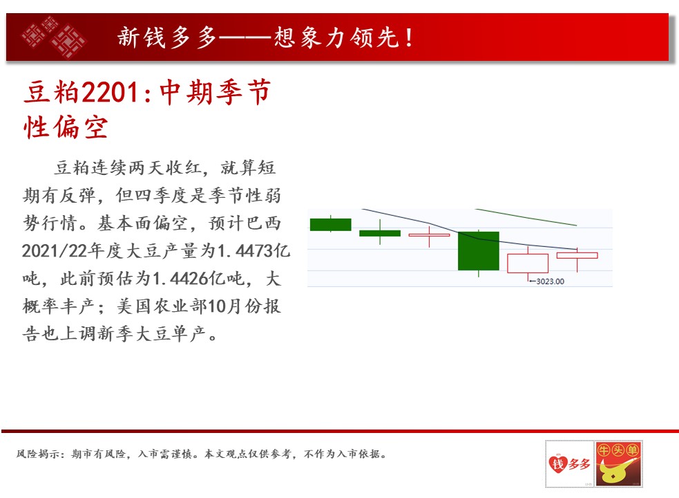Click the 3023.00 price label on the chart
point(550,281)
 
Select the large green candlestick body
point(479,251)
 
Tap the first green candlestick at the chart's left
point(330,224)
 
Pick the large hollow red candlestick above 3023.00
point(528,264)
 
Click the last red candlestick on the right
point(577,255)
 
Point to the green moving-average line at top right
point(526,217)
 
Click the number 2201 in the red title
point(110,93)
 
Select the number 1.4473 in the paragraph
point(245,251)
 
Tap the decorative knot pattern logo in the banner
point(54,37)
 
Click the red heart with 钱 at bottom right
point(557,463)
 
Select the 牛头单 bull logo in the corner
point(618,463)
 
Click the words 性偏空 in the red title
point(66,127)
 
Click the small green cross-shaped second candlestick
point(380,233)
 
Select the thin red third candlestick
point(429,235)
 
